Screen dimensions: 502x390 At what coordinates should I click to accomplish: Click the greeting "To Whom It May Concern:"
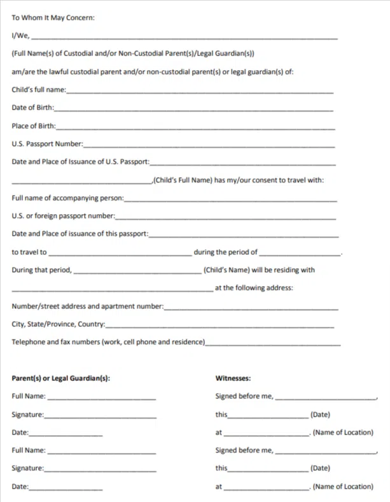[x=53, y=18]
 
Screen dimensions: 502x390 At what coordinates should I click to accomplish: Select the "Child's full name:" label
[x=38, y=90]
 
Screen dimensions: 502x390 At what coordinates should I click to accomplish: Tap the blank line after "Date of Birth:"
[x=194, y=110]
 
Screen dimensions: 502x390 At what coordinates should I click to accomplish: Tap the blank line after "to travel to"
[x=119, y=254]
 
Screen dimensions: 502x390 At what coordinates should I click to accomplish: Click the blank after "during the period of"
[x=300, y=254]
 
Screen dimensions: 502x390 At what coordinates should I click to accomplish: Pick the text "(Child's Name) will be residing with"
[x=259, y=270]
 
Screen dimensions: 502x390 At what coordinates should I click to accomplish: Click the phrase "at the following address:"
[x=254, y=288]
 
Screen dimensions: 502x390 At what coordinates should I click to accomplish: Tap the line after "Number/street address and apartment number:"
[x=251, y=308]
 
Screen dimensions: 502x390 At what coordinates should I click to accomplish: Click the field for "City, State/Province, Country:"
[x=220, y=326]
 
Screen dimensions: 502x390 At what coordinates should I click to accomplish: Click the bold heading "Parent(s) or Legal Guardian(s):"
[x=61, y=378]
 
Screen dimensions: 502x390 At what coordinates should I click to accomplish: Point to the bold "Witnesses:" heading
[x=233, y=378]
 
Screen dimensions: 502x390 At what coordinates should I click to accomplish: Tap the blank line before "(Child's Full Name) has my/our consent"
[x=81, y=182]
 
